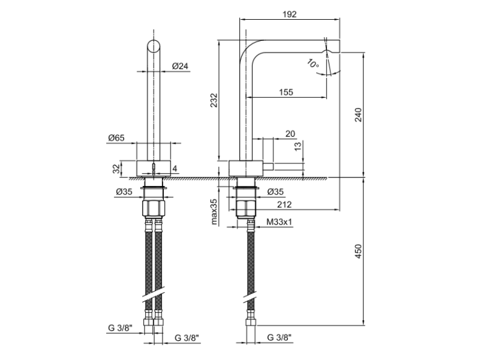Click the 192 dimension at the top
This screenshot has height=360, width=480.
pyautogui.click(x=289, y=14)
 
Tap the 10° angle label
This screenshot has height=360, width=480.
pyautogui.click(x=312, y=63)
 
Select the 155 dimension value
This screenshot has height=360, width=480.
pyautogui.click(x=286, y=92)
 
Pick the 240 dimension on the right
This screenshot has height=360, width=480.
pyautogui.click(x=358, y=114)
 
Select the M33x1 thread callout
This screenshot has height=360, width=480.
pyautogui.click(x=279, y=223)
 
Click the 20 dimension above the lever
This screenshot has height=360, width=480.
pyautogui.click(x=290, y=134)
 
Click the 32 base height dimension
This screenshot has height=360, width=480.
pyautogui.click(x=116, y=169)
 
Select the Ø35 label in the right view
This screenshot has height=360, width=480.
pyautogui.click(x=276, y=192)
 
